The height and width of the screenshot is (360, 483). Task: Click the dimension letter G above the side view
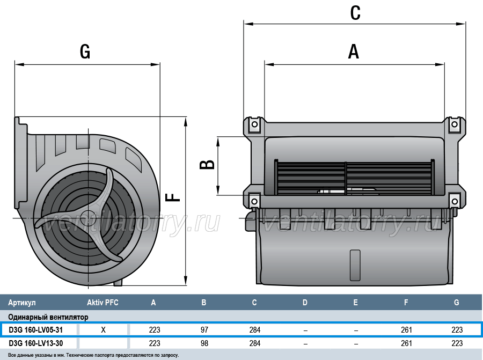[x=85, y=52]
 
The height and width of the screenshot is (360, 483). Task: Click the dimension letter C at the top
[x=355, y=13]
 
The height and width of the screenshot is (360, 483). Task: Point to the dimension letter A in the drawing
[x=354, y=52]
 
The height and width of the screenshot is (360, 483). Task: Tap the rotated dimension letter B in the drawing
[x=207, y=165]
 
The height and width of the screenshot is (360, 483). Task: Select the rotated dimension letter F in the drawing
[x=173, y=197]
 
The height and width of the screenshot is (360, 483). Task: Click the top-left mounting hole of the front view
[x=254, y=124]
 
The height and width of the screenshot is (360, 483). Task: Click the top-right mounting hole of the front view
[x=455, y=124]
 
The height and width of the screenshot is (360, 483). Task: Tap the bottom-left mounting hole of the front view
[x=254, y=201]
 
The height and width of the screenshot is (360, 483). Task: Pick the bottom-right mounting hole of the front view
[x=455, y=202]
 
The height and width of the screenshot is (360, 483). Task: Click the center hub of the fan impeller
[x=89, y=217]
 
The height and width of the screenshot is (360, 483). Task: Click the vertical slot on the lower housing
[x=355, y=265]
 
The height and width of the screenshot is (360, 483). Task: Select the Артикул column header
[x=22, y=303]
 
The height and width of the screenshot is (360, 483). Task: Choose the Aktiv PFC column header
[x=103, y=303]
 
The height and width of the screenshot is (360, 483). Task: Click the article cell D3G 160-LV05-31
[x=36, y=330]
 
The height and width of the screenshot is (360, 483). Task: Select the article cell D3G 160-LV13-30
[x=36, y=343]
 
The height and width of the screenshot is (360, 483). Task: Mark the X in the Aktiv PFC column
[x=103, y=330]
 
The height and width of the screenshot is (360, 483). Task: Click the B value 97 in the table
[x=204, y=330]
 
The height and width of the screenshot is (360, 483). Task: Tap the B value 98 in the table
[x=204, y=343]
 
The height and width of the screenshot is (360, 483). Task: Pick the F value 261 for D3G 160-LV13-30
[x=406, y=343]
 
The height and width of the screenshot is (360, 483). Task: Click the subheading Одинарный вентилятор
[x=48, y=317]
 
